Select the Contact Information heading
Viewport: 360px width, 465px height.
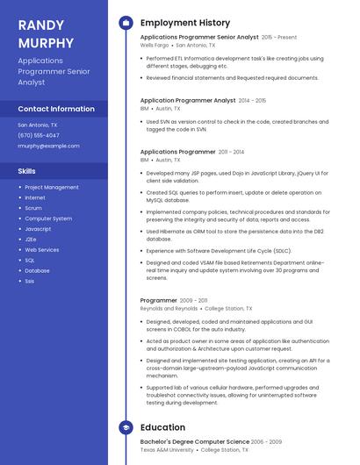click(56, 109)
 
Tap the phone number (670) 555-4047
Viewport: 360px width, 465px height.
click(39, 135)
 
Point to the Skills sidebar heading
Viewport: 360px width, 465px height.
click(27, 171)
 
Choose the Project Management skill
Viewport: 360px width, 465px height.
click(52, 187)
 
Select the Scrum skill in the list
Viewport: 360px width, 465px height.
click(33, 208)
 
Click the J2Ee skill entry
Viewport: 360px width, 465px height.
click(31, 239)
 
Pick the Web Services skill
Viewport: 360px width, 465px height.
click(42, 249)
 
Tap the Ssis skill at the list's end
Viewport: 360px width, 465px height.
click(30, 281)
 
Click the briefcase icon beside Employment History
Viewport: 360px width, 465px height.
click(126, 22)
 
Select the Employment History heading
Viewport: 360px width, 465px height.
click(185, 22)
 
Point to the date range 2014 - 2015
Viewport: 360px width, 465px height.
click(252, 101)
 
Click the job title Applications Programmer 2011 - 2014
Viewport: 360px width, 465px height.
click(178, 152)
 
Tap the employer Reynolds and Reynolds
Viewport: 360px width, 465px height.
click(169, 309)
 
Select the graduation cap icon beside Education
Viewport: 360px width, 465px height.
click(126, 427)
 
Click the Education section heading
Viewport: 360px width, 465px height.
click(162, 427)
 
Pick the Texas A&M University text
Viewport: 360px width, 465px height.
click(168, 450)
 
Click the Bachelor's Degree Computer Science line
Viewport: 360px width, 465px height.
click(195, 441)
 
